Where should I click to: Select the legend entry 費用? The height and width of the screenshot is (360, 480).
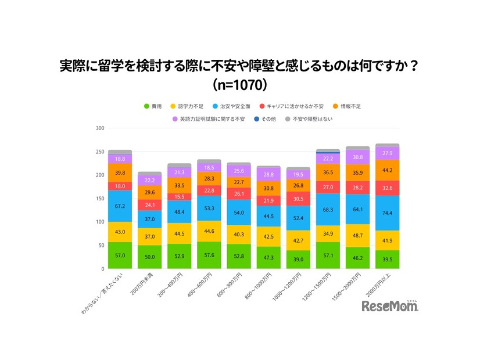[153, 107]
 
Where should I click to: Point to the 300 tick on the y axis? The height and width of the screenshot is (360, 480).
[100, 128]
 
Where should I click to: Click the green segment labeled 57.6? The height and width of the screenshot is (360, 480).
[209, 255]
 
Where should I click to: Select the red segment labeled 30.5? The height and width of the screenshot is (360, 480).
[298, 199]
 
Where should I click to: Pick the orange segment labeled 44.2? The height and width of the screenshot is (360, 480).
[387, 170]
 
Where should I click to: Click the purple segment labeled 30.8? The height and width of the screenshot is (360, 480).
[357, 157]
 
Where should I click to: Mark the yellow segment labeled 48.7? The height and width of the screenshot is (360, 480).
[357, 235]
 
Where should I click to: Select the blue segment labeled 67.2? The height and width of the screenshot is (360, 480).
[120, 206]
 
